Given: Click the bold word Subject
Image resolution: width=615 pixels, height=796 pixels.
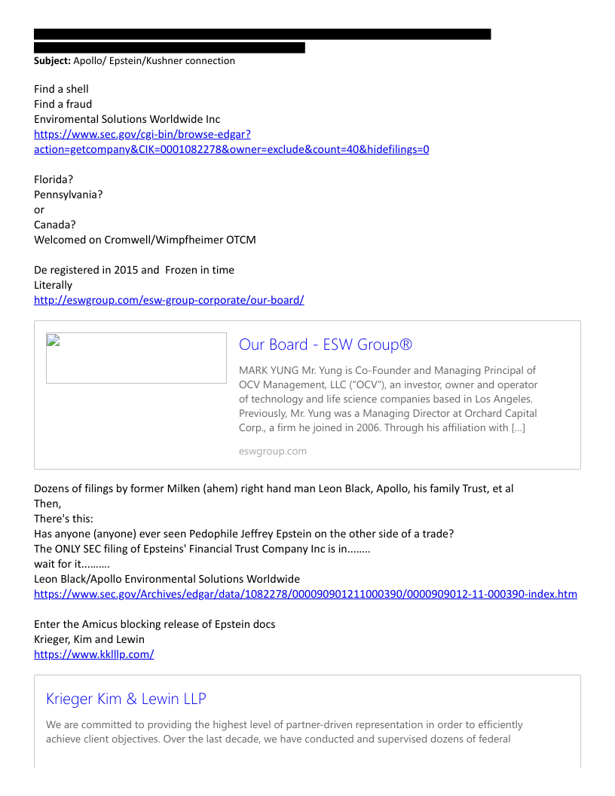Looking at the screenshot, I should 52,61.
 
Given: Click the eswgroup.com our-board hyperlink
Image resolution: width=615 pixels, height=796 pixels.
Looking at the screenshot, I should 169,300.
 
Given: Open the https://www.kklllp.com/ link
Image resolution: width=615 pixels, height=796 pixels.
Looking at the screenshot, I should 93,654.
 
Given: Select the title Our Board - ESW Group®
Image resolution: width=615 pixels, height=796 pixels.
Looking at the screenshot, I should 325,344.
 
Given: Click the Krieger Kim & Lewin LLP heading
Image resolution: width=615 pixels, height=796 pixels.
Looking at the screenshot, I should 126,699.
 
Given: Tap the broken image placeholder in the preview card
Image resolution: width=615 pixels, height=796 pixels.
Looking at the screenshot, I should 136,358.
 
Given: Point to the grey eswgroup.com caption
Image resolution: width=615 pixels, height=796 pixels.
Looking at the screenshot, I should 272,452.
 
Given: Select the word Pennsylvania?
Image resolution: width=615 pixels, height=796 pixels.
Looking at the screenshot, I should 69,194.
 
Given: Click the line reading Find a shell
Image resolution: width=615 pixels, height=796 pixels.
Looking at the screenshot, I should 61,89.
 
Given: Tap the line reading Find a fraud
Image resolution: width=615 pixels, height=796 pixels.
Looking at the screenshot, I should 63,104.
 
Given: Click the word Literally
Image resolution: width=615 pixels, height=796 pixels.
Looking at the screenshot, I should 53,285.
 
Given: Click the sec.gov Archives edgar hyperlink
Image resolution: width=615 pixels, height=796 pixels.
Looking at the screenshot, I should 305,594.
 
